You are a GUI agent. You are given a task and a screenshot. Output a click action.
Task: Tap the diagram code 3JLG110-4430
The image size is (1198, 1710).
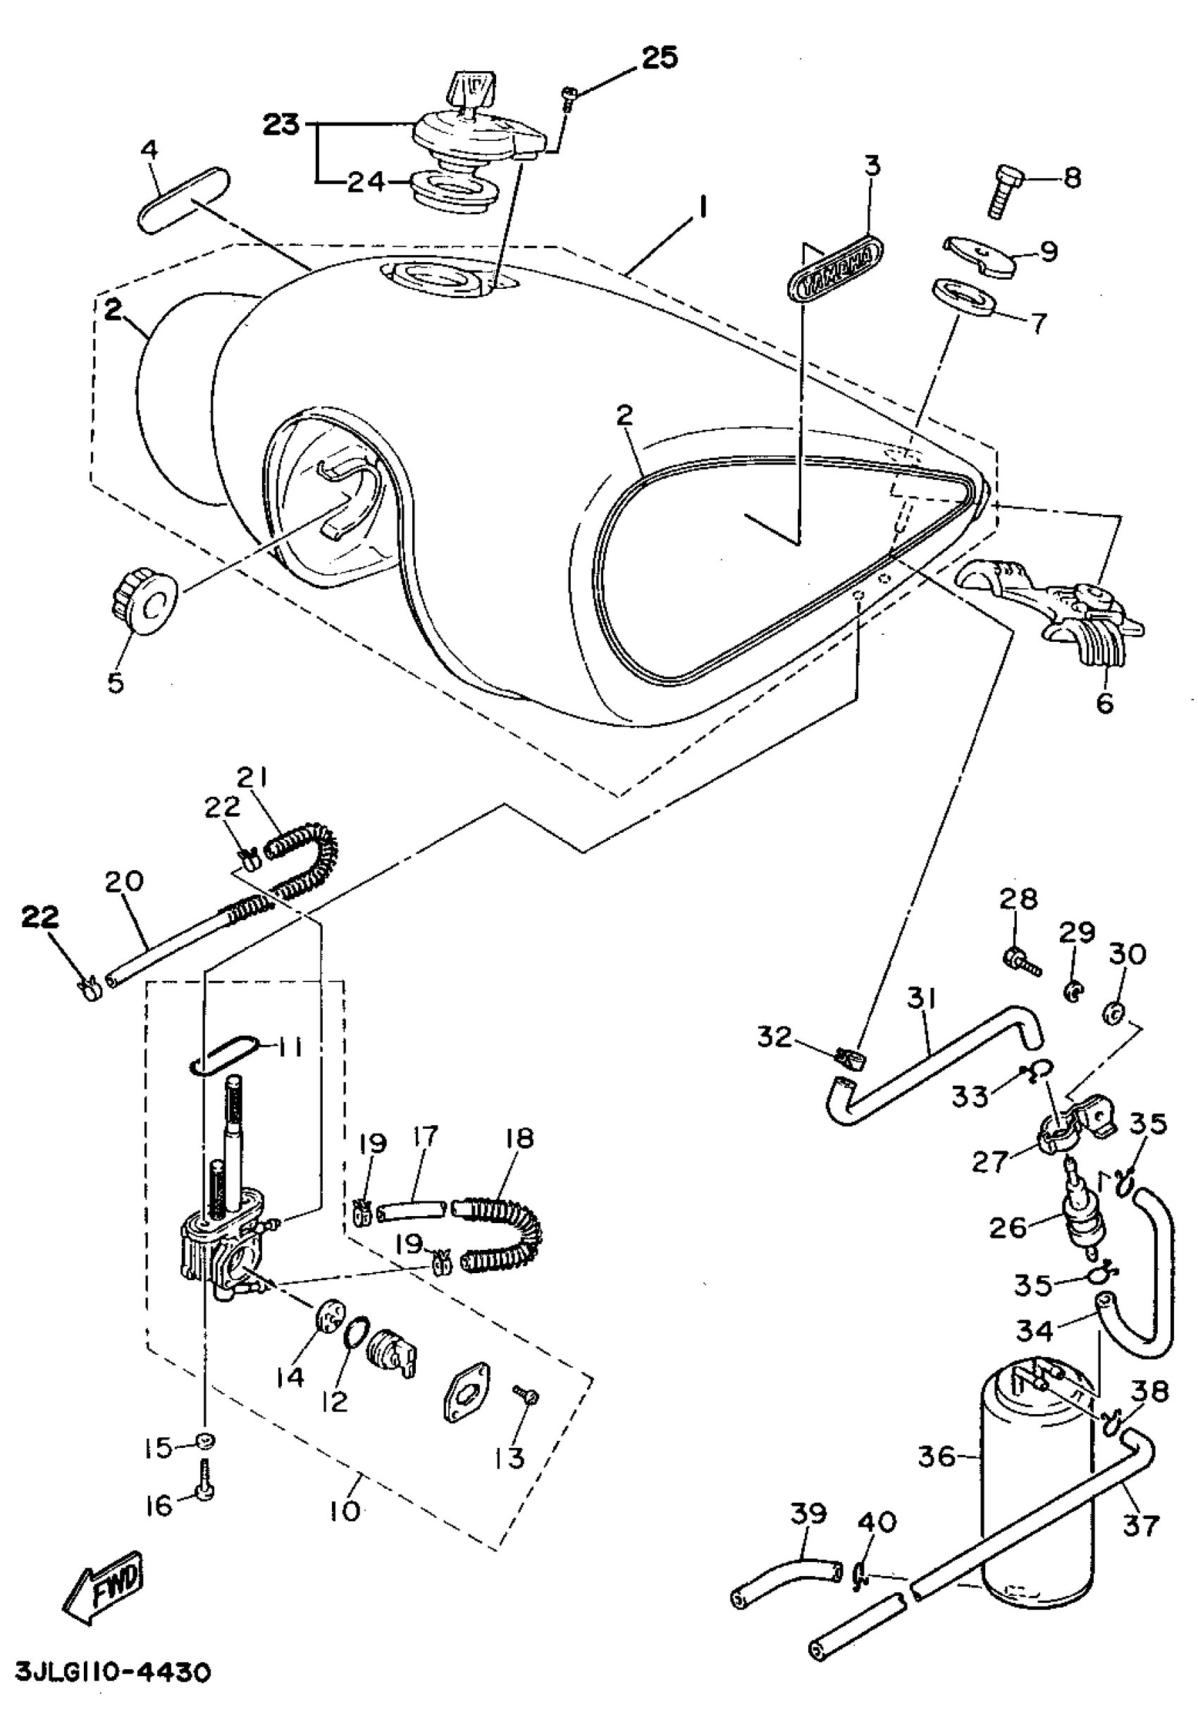112,1673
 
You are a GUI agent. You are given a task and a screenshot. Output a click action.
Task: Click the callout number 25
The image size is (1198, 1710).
660,57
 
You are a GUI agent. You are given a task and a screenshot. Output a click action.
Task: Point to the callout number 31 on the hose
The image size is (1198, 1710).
922,999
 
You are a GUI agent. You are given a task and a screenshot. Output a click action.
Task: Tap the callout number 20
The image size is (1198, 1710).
123,882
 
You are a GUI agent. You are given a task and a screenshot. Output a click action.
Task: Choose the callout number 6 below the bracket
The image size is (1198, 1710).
1104,702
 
